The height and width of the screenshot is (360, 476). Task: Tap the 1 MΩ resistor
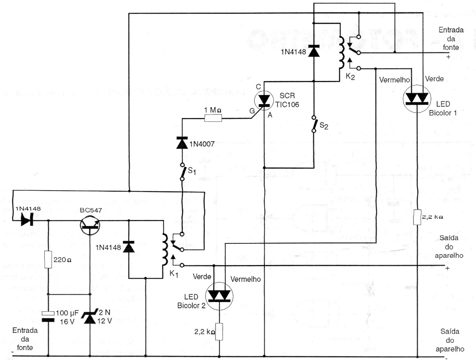coord(213,118)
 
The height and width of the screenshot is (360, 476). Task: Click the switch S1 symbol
coord(182,171)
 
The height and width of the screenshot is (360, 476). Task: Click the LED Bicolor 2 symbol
coord(219,295)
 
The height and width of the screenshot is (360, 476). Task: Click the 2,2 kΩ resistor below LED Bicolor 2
coord(219,332)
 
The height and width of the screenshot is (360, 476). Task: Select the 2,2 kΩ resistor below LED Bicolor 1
coord(417,217)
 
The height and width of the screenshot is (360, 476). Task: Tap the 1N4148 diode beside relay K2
coord(314,51)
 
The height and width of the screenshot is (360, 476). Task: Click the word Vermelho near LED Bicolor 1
coord(394,80)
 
